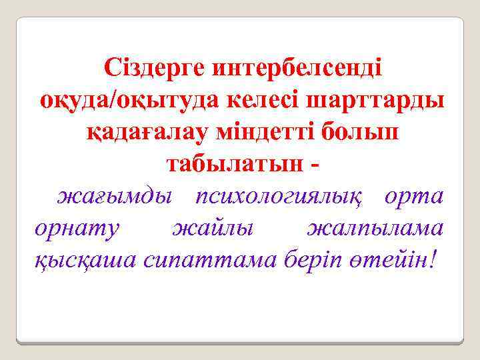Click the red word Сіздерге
pyautogui.click(x=155, y=69)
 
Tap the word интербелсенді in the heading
pyautogui.click(x=297, y=69)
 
